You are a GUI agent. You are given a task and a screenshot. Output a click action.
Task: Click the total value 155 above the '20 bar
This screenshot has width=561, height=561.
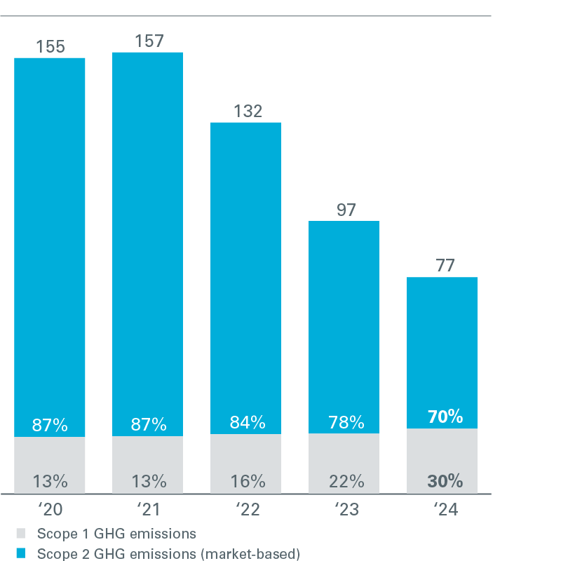50,47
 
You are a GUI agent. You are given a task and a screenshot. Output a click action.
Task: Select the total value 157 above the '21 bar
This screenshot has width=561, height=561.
148,41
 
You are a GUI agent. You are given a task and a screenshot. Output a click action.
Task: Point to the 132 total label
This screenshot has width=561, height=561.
246,111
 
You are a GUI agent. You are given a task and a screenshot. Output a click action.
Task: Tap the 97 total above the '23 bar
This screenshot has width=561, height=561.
344,210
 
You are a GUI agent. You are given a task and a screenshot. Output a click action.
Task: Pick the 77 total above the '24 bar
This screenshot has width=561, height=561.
442,266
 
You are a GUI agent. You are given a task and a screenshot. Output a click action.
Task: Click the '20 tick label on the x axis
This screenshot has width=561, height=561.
50,510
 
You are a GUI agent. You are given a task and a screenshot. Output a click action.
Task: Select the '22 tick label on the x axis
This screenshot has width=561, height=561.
246,510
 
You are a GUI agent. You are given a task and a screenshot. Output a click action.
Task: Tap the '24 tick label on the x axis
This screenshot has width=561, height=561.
442,510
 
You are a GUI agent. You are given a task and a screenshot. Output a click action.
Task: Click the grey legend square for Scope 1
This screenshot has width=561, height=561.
20,533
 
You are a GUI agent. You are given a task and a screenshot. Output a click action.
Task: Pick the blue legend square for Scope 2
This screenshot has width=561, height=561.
20,553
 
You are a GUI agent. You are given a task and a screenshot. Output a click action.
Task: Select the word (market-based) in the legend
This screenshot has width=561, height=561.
250,553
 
